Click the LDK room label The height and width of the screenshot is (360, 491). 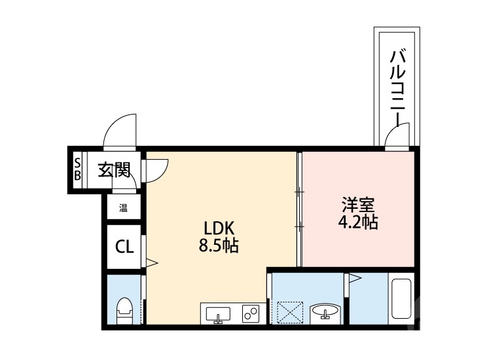point(219,228)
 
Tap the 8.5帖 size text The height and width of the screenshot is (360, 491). point(219,246)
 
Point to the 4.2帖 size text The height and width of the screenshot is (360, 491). point(357,222)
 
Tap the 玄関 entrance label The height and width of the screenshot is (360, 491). point(114,170)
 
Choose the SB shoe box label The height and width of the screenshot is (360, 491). point(77,169)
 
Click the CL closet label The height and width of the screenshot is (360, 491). point(124,247)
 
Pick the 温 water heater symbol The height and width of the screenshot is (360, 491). point(122,209)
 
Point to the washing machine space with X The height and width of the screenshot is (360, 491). point(289,311)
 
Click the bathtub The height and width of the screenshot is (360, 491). point(400,302)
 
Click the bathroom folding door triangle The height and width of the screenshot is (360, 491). point(354,278)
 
